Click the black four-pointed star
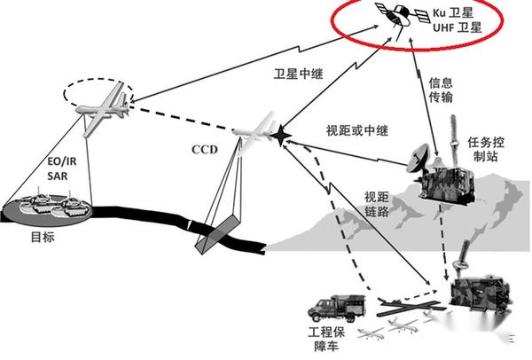tap(281, 135)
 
